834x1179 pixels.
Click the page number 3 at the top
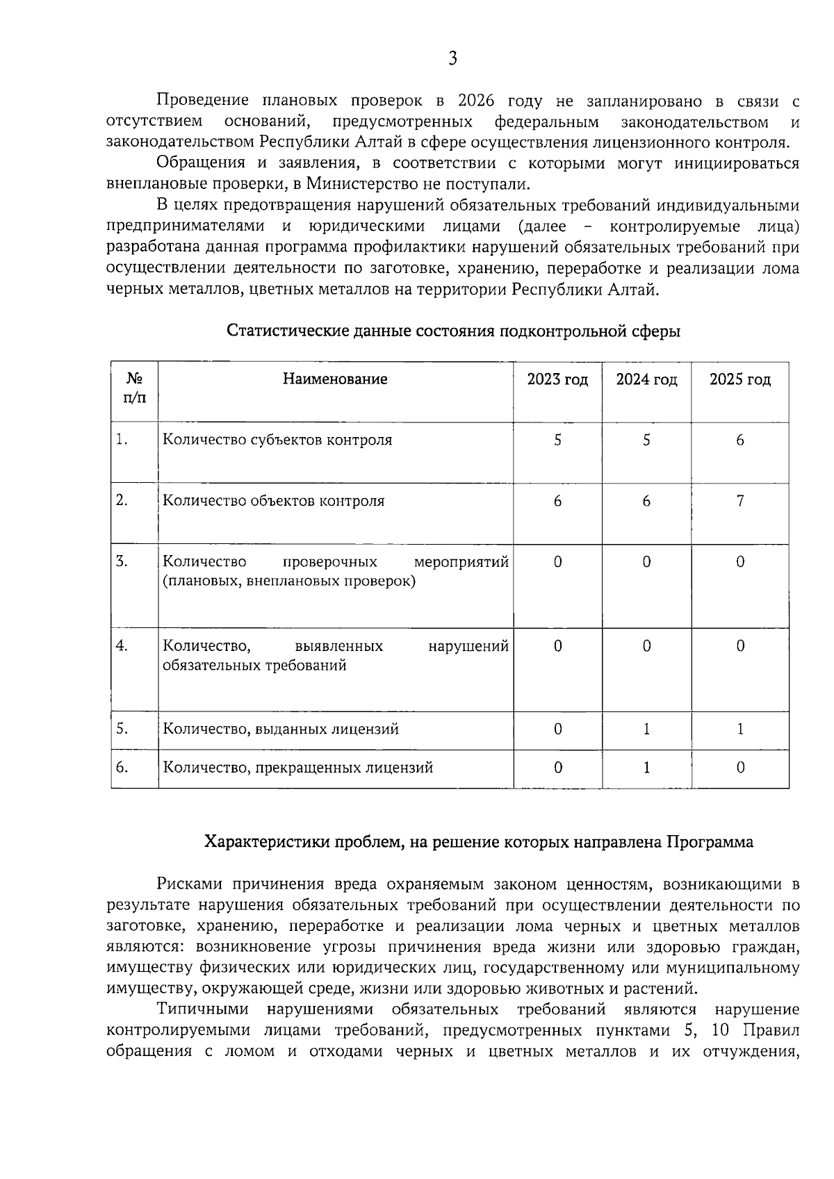click(452, 58)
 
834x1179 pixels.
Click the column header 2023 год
click(557, 379)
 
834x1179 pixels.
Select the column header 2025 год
click(739, 379)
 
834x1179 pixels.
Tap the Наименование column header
click(335, 379)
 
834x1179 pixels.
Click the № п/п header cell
click(134, 388)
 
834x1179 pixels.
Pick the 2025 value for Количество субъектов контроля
click(739, 440)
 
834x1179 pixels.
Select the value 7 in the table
click(739, 501)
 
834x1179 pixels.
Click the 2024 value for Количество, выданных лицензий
click(646, 729)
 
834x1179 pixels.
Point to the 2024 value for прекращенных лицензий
click(646, 768)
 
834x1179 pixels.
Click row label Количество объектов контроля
click(273, 501)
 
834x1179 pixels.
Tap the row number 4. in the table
click(122, 646)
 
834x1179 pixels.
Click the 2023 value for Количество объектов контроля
click(557, 501)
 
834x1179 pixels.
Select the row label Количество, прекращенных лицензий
click(297, 768)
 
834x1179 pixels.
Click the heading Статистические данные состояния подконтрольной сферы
click(453, 331)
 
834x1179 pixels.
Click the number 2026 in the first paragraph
click(476, 101)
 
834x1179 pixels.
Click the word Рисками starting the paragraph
click(185, 884)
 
